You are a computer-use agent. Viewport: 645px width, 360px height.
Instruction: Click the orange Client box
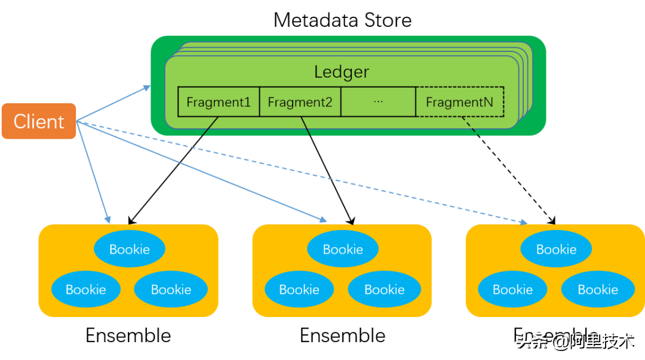point(39,121)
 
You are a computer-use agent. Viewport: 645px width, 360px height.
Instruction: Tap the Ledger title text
point(342,72)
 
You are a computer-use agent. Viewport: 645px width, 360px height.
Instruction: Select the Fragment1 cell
point(219,102)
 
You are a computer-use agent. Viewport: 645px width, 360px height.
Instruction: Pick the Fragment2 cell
point(300,102)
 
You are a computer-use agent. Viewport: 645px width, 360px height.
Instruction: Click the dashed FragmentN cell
point(459,102)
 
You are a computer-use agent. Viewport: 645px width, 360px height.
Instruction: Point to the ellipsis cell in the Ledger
point(378,102)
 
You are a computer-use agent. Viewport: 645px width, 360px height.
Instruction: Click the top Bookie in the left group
point(130,249)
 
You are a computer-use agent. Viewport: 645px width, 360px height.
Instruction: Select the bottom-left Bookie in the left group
point(86,290)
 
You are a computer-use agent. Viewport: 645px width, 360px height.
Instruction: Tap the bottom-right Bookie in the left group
point(171,290)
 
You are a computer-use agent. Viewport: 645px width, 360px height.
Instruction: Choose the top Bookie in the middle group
point(343,249)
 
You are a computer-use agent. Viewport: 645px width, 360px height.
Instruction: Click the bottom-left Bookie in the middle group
point(299,290)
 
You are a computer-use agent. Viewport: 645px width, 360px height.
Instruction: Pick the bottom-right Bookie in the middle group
point(385,290)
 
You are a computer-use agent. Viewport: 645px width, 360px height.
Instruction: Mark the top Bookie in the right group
point(556,249)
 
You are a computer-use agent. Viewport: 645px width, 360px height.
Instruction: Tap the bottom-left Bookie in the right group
point(512,290)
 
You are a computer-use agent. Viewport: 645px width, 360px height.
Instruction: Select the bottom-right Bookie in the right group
point(598,290)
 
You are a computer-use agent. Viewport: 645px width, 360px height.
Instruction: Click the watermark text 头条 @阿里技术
point(574,341)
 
